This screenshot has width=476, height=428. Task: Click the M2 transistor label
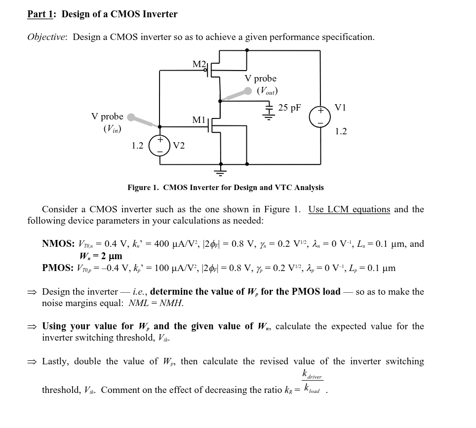(x=198, y=64)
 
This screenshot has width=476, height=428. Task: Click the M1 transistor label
(x=198, y=120)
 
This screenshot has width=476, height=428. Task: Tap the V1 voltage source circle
(x=320, y=117)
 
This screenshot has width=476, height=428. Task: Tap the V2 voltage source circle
(x=159, y=145)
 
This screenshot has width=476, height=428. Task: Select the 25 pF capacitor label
(x=289, y=108)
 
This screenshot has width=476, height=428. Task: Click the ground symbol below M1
(x=220, y=172)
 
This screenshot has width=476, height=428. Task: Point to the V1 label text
(x=341, y=108)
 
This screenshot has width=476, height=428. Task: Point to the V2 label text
(x=179, y=146)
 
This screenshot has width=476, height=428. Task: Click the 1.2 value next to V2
(x=137, y=146)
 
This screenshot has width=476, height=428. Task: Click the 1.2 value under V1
(x=341, y=131)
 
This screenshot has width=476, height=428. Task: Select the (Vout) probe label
(x=267, y=91)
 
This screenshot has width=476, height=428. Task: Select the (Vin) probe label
(x=112, y=129)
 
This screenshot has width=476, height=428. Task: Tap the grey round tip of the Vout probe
(x=248, y=91)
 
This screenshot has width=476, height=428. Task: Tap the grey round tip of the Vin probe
(x=131, y=117)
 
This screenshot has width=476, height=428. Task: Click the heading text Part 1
(x=40, y=14)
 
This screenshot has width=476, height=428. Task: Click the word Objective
(x=47, y=38)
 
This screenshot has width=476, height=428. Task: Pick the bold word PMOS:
(x=58, y=268)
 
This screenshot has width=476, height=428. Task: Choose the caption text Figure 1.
(x=143, y=188)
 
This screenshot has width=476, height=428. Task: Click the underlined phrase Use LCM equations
(x=349, y=209)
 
